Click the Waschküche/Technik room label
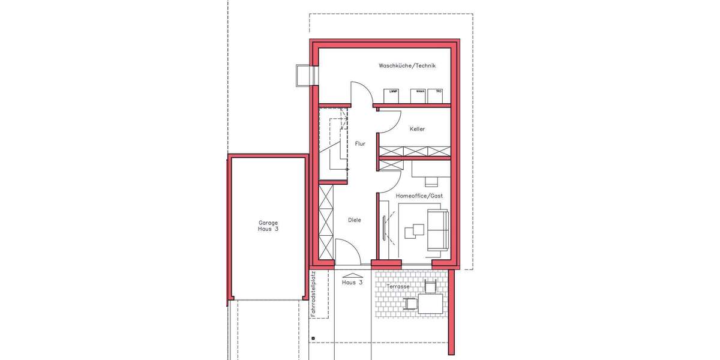click(406, 65)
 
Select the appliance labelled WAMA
click(418, 95)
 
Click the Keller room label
click(417, 129)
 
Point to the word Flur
click(360, 144)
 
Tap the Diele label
click(355, 220)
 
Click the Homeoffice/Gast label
click(419, 196)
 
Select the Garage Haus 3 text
click(268, 226)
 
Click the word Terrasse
click(398, 287)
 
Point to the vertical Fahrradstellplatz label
click(313, 293)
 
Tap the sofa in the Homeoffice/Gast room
click(436, 230)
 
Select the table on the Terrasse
click(430, 304)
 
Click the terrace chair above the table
click(430, 286)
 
